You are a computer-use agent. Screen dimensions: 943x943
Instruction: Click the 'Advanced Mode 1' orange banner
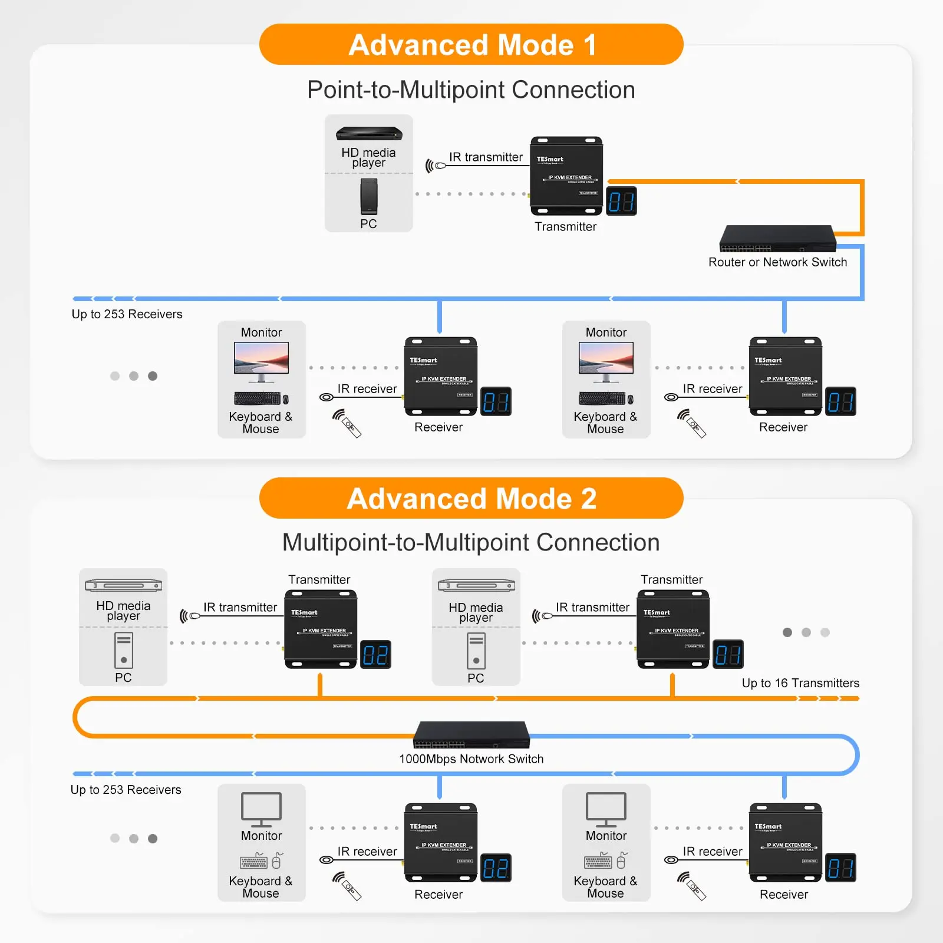click(471, 45)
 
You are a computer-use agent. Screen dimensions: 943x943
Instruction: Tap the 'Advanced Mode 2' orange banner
click(471, 499)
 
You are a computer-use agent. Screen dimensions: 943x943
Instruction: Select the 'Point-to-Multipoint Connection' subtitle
click(471, 90)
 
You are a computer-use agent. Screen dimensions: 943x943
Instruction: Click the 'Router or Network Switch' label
click(777, 262)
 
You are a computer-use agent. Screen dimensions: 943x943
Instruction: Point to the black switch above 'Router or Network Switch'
click(777, 238)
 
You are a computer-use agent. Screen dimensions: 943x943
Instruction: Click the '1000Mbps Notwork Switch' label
click(471, 759)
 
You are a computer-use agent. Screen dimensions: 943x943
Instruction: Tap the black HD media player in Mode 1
click(369, 134)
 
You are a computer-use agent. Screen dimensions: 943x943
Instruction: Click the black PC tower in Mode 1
click(369, 197)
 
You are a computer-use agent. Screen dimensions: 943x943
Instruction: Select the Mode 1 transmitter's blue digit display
click(621, 202)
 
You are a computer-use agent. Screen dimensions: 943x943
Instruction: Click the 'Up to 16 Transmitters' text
click(800, 683)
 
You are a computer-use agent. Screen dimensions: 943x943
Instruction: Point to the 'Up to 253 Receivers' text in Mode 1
click(127, 314)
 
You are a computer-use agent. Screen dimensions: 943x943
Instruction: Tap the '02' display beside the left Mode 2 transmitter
click(375, 655)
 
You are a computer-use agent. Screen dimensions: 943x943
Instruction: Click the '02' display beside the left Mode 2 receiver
click(496, 868)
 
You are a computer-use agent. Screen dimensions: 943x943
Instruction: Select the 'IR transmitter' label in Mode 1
click(486, 157)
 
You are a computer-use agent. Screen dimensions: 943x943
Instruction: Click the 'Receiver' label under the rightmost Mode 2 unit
click(783, 895)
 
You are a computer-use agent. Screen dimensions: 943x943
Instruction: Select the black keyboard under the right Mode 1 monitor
click(601, 399)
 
